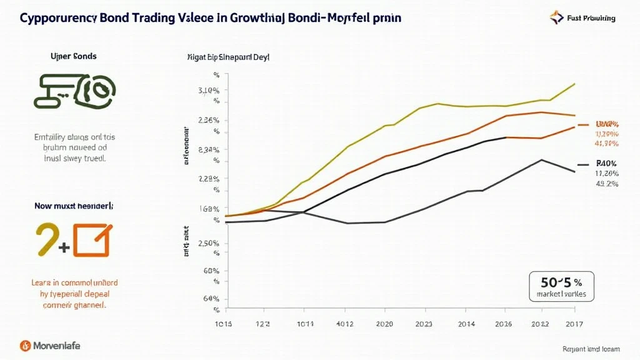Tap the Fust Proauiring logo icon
coord(557,17)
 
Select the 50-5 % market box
coord(561,286)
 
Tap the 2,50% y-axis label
coord(208,243)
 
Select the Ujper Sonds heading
coord(73,56)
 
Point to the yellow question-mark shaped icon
coord(46,239)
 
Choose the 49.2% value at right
coord(606,184)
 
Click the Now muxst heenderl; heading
coord(74,205)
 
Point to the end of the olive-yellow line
coord(574,84)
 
